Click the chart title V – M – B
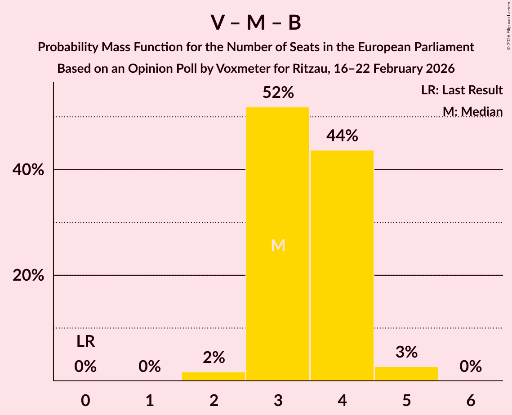pos(256,22)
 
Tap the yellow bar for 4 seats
pos(342,265)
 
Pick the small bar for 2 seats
pos(214,376)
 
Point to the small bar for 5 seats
pos(406,374)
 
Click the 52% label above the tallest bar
pos(278,93)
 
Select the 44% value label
pos(342,136)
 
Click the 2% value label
pos(214,358)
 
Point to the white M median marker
pos(278,245)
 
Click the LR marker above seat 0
pos(85,342)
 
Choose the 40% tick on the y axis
pos(28,170)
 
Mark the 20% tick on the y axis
pos(28,275)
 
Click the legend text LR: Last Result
pos(462,90)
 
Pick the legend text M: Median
pos(472,111)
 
